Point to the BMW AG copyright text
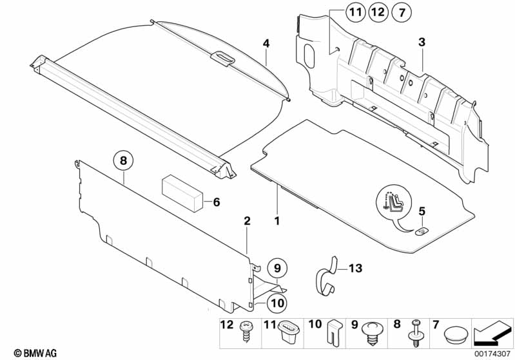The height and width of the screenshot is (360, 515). pyautogui.click(x=25, y=353)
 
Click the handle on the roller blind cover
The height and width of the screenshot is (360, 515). pyautogui.click(x=222, y=57)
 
